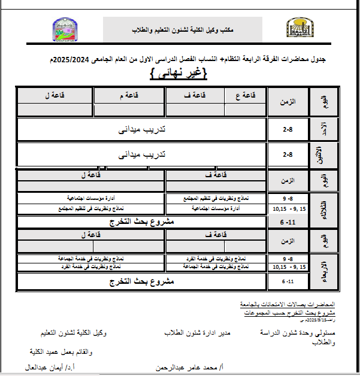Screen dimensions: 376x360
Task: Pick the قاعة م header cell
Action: [x=129, y=95]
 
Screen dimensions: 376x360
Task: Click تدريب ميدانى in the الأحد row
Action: [x=141, y=129]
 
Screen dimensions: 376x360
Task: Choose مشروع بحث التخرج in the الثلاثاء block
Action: [x=142, y=222]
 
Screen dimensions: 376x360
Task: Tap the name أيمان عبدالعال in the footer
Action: [x=54, y=367]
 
